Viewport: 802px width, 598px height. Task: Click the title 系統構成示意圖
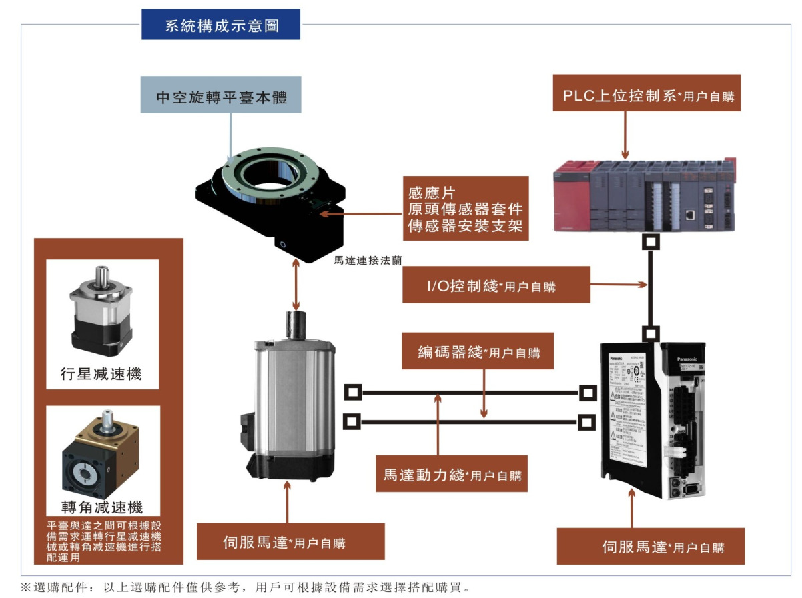pos(221,25)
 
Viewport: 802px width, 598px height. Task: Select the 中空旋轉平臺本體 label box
pos(221,95)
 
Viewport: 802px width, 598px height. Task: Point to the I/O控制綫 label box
pos(496,285)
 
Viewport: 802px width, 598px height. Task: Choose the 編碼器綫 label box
pos(478,351)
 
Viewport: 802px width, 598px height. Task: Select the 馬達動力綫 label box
pos(451,474)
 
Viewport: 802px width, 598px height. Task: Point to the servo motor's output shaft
pos(295,327)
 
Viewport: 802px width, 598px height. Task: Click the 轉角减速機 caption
pos(101,507)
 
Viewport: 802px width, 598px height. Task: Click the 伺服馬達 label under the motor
pos(291,541)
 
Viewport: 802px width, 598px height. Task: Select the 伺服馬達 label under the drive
pos(650,547)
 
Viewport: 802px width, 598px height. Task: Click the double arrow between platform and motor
pos(295,283)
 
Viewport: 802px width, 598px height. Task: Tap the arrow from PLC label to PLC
pos(625,133)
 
